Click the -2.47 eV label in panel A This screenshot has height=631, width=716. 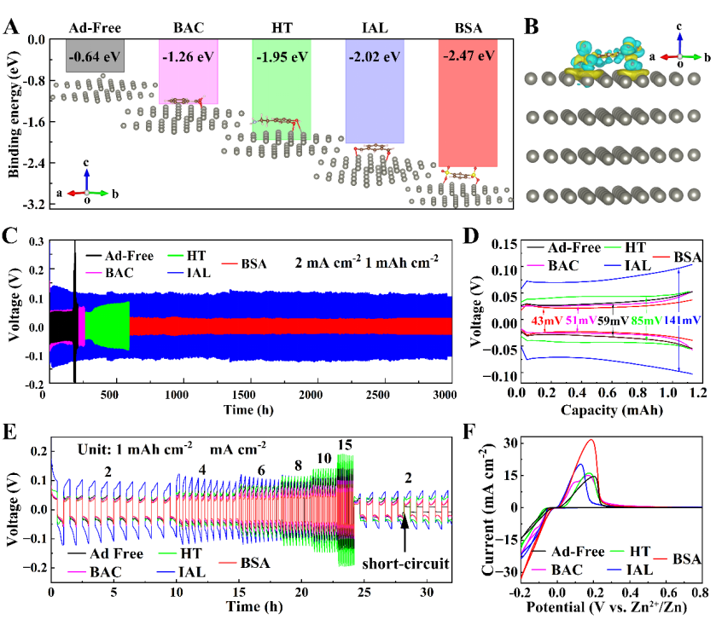(469, 55)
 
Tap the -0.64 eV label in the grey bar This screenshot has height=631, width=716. (95, 56)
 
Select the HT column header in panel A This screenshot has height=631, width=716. (282, 28)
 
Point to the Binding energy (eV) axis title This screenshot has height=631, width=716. (15, 114)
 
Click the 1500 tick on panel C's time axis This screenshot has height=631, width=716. (243, 395)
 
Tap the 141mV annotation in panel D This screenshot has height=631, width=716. (682, 321)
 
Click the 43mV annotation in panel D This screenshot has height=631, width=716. (546, 321)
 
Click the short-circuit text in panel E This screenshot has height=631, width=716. (405, 564)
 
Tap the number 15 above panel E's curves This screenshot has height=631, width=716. (345, 445)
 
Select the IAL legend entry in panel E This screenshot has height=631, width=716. (181, 571)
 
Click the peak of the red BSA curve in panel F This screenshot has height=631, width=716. (591, 439)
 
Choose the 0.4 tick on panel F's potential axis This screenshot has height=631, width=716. (631, 593)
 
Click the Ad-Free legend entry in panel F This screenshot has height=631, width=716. (568, 552)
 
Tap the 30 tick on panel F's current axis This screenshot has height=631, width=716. (510, 443)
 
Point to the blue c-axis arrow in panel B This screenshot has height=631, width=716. (679, 43)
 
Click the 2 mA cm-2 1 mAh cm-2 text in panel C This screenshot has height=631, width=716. (366, 263)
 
